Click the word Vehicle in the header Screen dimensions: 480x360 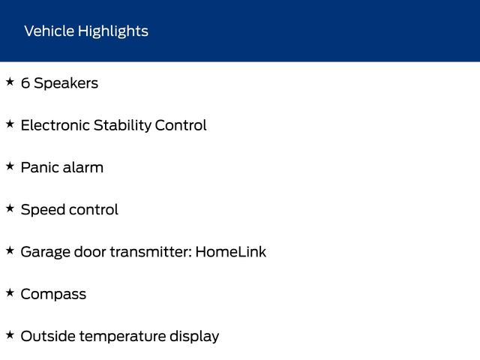tap(49, 31)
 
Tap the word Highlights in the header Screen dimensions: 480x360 tap(113, 31)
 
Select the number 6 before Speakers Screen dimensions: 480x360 tap(25, 83)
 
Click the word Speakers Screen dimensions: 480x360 tap(66, 83)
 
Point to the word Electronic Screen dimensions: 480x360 tap(55, 125)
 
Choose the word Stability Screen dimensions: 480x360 tap(122, 126)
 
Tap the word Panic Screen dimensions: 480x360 tap(40, 167)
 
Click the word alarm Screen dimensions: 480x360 tap(83, 167)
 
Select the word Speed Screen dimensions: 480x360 tap(43, 210)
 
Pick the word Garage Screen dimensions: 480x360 tap(46, 253)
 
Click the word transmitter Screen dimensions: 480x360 tap(151, 252)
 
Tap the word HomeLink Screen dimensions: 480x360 tap(231, 252)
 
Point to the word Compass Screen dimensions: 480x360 tap(53, 295)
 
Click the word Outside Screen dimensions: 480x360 tap(48, 336)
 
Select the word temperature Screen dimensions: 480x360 tap(122, 337)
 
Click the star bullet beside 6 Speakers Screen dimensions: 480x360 tap(10, 82)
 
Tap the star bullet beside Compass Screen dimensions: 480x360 tap(10, 292)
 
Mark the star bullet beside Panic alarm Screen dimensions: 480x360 tap(10, 166)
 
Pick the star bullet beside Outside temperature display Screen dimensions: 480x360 tap(10, 335)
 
